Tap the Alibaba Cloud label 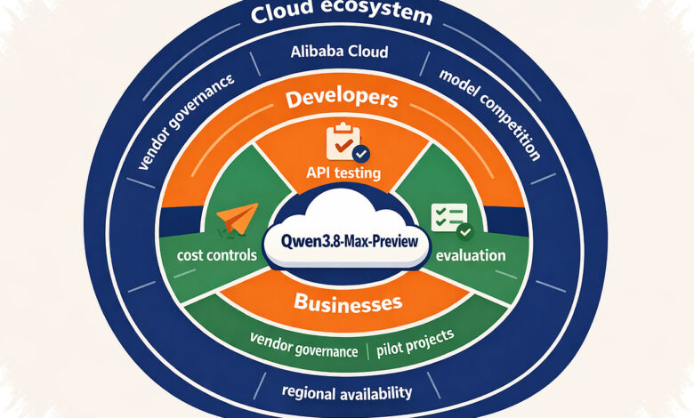(x=340, y=52)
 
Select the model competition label (x=490, y=115)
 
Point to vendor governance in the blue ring (x=185, y=122)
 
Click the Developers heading (x=342, y=99)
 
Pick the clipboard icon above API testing (x=344, y=141)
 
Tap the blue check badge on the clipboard (x=361, y=154)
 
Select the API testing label (x=343, y=172)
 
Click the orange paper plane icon (x=238, y=219)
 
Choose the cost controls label (x=217, y=255)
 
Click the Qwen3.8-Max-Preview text (x=349, y=242)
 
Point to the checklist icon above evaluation (x=448, y=217)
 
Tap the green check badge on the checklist (x=465, y=231)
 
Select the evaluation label (x=471, y=255)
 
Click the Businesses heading (x=348, y=303)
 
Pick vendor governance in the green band (x=303, y=345)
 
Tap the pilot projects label (x=416, y=342)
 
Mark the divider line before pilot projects (x=367, y=351)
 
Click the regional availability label (x=347, y=392)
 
